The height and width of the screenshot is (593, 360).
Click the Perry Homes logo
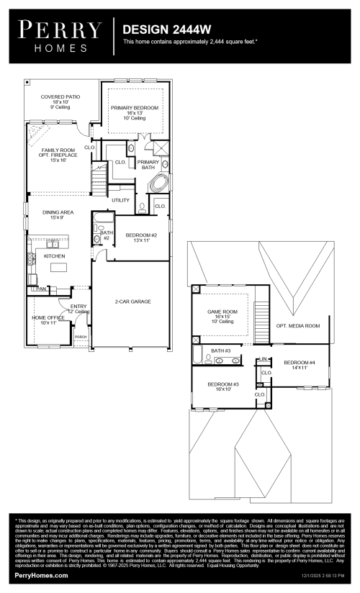(60, 35)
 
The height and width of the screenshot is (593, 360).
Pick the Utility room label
(120, 199)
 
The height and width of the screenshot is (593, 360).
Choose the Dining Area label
(58, 213)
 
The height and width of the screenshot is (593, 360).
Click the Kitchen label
(55, 256)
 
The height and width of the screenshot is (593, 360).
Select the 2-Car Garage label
(132, 302)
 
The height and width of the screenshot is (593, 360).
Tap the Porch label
(81, 336)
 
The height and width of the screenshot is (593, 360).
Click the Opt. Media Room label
(297, 326)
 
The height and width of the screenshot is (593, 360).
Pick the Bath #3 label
(220, 350)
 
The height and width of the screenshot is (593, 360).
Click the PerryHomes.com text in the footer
(42, 576)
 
